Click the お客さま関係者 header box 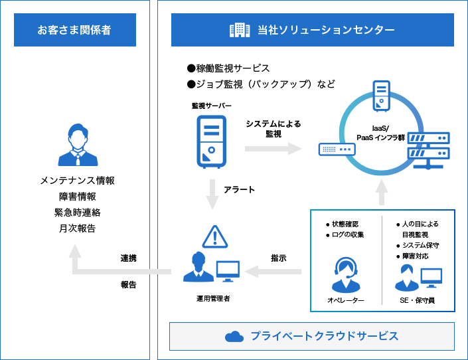pos(74,30)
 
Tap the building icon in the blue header pos(239,30)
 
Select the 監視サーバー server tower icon pos(211,141)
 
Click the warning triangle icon pos(214,236)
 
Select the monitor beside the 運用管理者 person pos(227,270)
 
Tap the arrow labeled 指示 pos(273,270)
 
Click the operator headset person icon pos(345,274)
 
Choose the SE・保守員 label pos(418,300)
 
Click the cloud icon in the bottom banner pos(234,336)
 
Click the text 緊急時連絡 pos(78,213)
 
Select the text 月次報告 pos(78,228)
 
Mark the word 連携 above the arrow pos(129,258)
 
